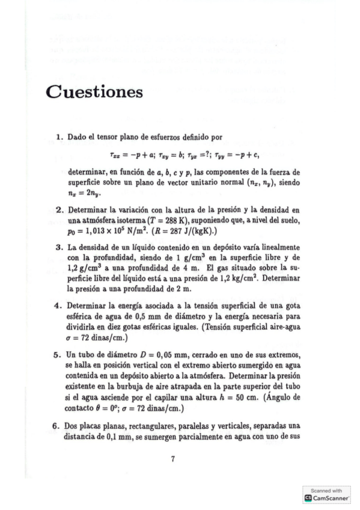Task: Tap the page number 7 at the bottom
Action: click(x=172, y=459)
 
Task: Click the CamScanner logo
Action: click(x=328, y=498)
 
